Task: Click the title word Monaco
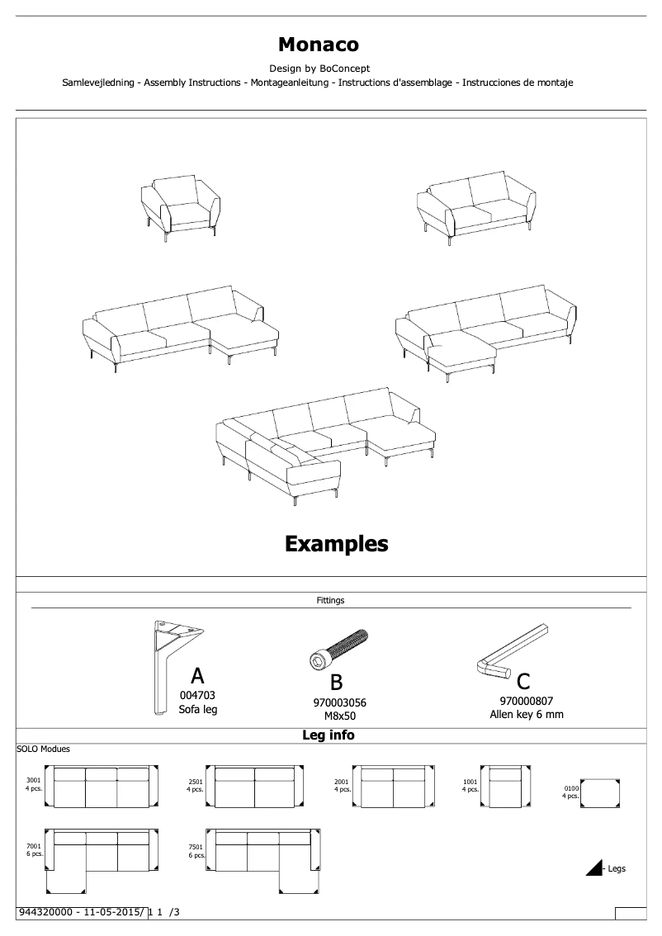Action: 318,45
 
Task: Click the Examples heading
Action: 336,543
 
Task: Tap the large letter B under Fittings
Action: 336,683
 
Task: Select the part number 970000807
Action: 527,701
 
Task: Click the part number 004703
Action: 197,696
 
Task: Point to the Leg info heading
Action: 329,735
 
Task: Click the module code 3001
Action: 34,780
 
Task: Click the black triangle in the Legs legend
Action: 595,867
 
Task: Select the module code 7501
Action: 196,847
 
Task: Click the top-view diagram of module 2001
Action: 393,787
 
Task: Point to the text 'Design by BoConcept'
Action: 319,69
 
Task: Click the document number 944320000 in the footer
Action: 48,912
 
